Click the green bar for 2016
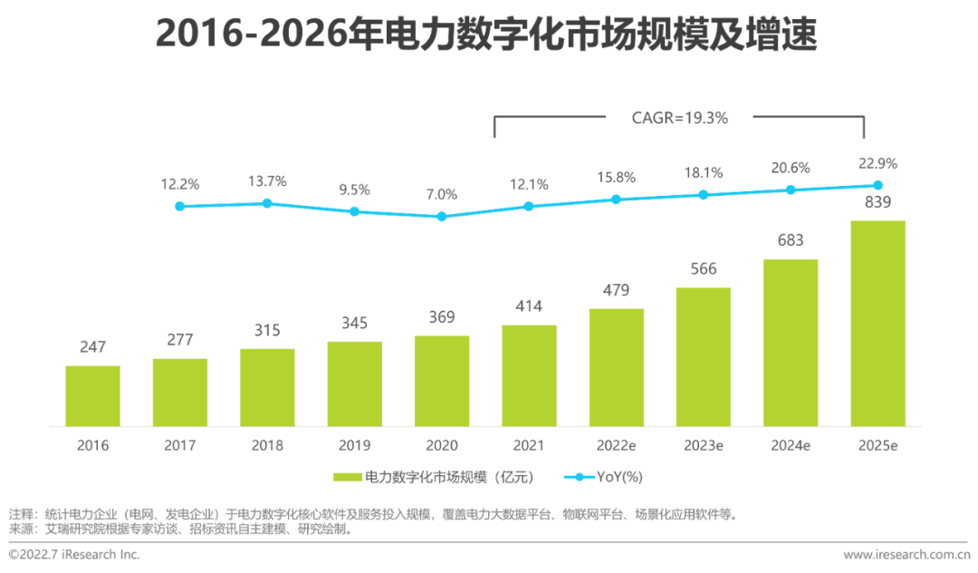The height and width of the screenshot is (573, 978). (92, 395)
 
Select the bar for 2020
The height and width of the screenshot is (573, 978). (442, 381)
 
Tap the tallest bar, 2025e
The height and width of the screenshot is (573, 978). (877, 323)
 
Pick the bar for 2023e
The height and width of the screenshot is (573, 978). (703, 356)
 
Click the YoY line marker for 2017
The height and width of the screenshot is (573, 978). (179, 207)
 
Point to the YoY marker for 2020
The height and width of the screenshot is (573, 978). (442, 217)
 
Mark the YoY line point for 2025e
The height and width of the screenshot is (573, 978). (877, 185)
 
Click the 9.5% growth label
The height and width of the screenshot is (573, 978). (354, 190)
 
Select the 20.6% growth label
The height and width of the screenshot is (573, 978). (791, 168)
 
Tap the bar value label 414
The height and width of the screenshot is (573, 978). (529, 306)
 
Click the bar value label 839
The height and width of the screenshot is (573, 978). (877, 202)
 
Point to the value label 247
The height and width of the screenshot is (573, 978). (92, 347)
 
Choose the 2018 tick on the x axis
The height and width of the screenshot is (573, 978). (267, 445)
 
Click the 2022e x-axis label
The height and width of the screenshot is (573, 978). (616, 445)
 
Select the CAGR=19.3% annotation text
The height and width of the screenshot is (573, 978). (679, 117)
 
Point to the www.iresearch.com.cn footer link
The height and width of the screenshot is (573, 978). (906, 554)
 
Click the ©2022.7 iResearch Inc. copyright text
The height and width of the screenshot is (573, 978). (74, 554)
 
